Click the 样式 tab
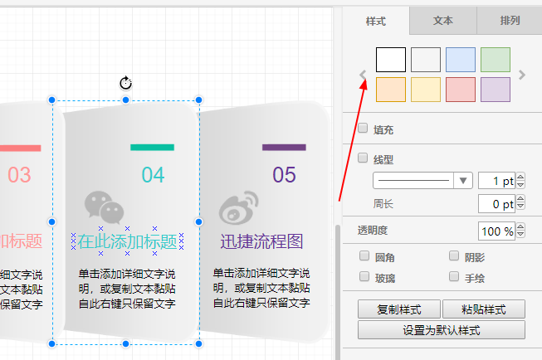(x=376, y=21)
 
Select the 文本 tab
(x=443, y=21)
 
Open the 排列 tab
(x=510, y=21)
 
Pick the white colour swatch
(x=391, y=60)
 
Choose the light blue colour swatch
(x=461, y=60)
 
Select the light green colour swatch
(x=496, y=60)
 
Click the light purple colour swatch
(x=496, y=90)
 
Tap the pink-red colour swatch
(x=461, y=90)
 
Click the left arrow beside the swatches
(x=363, y=75)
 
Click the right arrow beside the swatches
(x=522, y=75)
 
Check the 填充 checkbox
(x=363, y=129)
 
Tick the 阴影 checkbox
(x=454, y=256)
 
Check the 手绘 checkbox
(x=454, y=276)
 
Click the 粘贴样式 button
(x=484, y=309)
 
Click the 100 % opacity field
(x=496, y=231)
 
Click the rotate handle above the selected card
(x=126, y=83)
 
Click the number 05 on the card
(x=284, y=175)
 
